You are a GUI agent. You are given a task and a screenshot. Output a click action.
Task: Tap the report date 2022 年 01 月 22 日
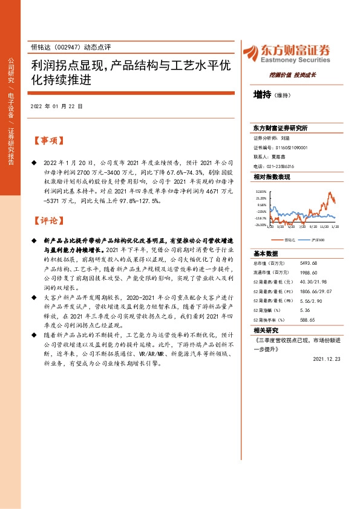click(56, 106)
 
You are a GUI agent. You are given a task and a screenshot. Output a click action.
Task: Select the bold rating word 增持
click(262, 95)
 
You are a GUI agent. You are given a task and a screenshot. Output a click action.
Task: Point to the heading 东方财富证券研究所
click(280, 128)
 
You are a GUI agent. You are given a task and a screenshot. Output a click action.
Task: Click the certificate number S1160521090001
click(289, 148)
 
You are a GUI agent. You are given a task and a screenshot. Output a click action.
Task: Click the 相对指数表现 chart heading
click(272, 177)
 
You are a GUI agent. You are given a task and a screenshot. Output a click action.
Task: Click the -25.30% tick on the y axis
click(261, 225)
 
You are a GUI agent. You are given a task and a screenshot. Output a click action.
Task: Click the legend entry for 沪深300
click(319, 240)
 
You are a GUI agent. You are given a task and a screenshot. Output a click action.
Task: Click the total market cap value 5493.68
click(309, 263)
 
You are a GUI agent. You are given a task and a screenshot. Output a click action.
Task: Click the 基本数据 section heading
click(265, 253)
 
